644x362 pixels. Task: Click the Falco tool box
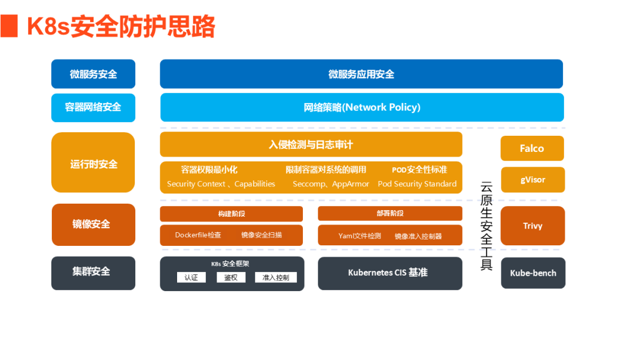[x=532, y=148]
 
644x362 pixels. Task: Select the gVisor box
[x=532, y=179]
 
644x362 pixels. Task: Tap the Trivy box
[x=532, y=226]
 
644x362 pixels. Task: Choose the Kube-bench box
[x=532, y=273]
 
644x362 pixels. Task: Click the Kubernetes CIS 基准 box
[x=389, y=273]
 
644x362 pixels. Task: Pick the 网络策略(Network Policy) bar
[x=362, y=107]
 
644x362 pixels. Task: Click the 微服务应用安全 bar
[x=361, y=74]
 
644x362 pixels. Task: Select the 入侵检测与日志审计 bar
[x=311, y=144]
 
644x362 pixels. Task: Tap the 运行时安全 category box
[x=94, y=163]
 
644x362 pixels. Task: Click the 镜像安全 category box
[x=93, y=224]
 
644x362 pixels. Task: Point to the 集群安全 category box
[x=93, y=272]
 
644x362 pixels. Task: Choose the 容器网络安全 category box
[x=93, y=107]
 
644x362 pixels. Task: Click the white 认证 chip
[x=191, y=277]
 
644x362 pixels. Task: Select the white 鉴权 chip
[x=231, y=277]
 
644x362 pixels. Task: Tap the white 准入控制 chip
[x=275, y=277]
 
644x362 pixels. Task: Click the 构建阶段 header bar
[x=231, y=214]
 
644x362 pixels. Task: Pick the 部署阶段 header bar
[x=390, y=214]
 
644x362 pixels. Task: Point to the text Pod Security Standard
[x=417, y=184]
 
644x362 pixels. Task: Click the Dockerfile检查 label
[x=198, y=235]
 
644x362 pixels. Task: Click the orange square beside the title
[x=9, y=27]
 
